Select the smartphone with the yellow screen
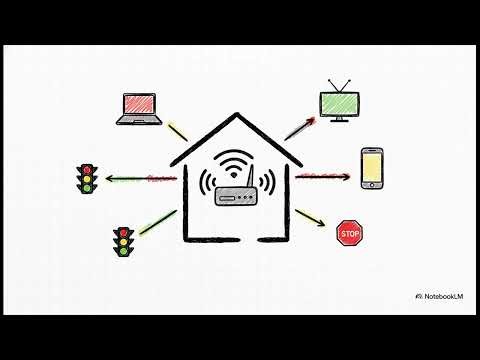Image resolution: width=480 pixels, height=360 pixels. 371,167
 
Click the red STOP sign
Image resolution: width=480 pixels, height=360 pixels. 349,235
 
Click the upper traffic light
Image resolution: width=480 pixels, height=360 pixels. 86,178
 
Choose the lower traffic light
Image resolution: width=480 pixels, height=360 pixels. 124,241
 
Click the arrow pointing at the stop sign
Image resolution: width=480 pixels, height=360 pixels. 313,218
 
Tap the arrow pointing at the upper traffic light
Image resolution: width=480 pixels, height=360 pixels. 135,180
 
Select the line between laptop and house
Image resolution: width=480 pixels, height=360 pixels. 178,132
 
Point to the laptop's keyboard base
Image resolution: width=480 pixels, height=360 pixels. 138,122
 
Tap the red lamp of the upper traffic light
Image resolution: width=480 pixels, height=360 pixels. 86,169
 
